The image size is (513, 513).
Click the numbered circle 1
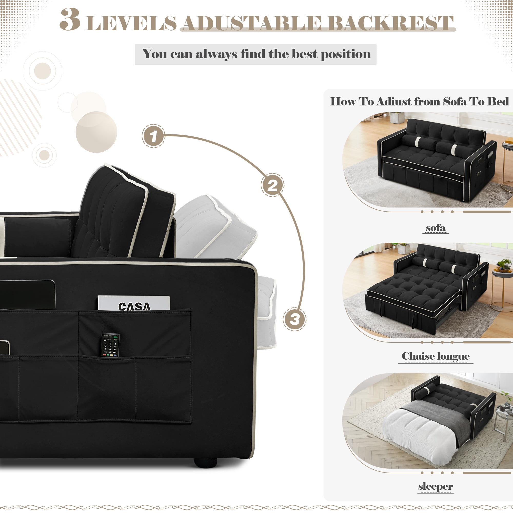click(x=153, y=136)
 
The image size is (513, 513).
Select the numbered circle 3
click(x=294, y=319)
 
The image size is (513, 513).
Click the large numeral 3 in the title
click(x=70, y=19)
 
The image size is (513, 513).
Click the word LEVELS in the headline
click(x=131, y=23)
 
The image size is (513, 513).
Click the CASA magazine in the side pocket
click(x=134, y=303)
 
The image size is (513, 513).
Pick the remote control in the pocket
click(x=111, y=345)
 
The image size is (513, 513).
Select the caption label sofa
click(x=436, y=228)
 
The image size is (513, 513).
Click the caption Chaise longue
click(x=436, y=356)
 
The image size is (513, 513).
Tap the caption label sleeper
click(x=436, y=486)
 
